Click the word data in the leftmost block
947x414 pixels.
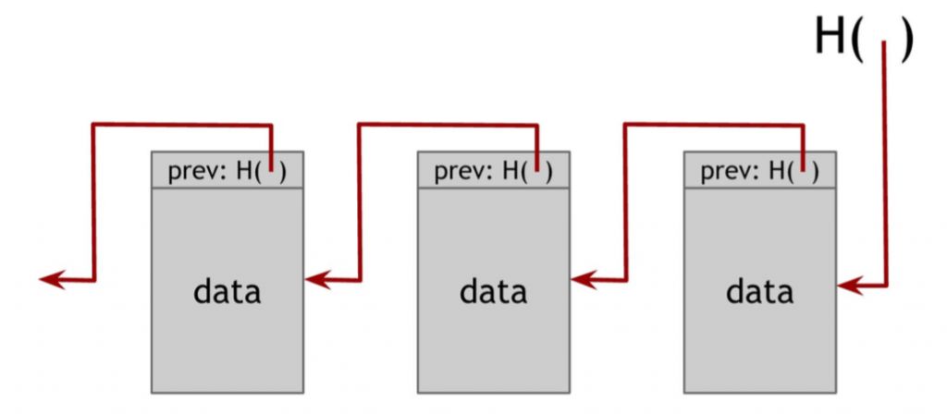coord(228,292)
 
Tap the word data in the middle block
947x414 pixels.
coord(493,292)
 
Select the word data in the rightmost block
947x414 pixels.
coord(759,292)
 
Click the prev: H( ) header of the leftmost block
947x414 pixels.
coord(228,171)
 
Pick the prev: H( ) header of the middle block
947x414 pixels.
coord(493,171)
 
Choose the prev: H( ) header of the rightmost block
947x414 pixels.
coord(759,171)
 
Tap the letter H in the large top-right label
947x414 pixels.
coord(830,39)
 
